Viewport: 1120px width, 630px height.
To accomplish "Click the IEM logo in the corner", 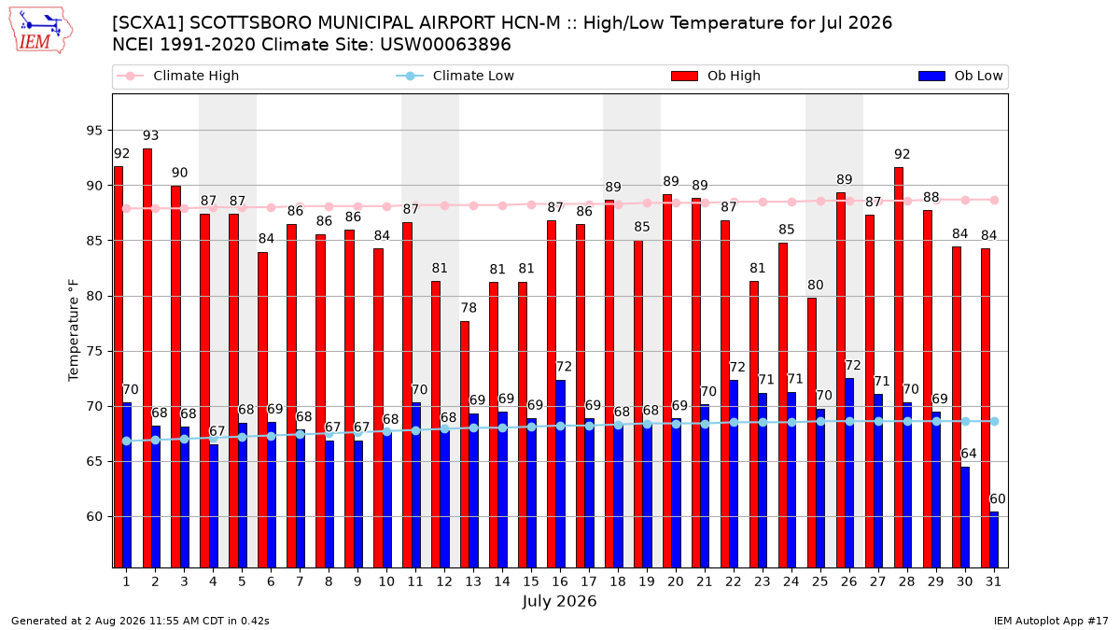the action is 40,31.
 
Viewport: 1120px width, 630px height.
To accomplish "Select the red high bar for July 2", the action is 147,358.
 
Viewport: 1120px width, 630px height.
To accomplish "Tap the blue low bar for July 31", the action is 994,539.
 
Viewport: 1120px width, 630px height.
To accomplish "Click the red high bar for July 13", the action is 465,444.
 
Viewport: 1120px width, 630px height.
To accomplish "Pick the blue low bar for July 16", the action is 561,474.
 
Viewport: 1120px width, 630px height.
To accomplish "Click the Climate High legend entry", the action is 177,76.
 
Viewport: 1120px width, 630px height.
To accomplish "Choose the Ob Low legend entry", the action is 960,76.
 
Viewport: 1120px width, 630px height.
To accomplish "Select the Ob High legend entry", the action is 716,76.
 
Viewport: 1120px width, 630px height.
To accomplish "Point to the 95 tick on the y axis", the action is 94,131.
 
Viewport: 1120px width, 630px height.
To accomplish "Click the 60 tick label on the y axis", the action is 94,516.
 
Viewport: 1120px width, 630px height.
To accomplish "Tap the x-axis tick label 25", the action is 820,581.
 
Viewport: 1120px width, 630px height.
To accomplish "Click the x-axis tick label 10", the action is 386,581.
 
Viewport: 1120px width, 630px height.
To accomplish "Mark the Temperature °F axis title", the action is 74,330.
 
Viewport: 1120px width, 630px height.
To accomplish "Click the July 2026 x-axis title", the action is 559,601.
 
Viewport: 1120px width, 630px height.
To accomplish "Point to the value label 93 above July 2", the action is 150,135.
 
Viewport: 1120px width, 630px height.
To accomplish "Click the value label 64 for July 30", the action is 969,454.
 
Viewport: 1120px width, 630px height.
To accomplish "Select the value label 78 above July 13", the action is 469,308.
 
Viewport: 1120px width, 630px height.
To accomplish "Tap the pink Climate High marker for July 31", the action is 995,200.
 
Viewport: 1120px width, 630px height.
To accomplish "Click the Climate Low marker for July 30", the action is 965,422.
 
